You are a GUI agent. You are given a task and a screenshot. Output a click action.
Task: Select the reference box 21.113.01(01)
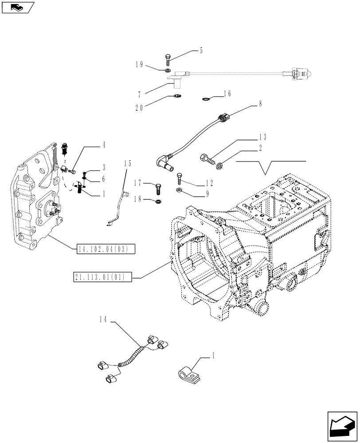pos(100,278)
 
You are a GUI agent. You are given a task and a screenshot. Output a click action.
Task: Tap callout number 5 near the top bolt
pos(201,51)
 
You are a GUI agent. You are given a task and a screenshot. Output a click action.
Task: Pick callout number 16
pos(227,93)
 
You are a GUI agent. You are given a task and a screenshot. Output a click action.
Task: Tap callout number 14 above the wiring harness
pos(104,319)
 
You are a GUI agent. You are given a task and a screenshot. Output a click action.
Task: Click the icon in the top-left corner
pos(17,7)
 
